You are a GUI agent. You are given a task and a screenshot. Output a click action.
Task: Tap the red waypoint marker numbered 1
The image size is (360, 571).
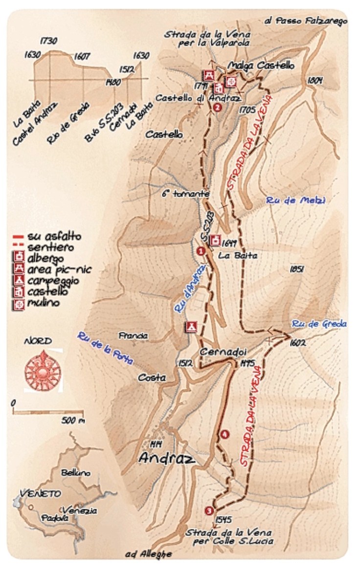point(200,251)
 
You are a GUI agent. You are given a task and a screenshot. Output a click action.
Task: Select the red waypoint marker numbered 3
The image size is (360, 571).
point(209,510)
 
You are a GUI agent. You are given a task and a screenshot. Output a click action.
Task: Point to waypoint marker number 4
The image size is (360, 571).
point(225,434)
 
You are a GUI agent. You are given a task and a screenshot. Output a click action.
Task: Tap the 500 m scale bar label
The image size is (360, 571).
point(73,420)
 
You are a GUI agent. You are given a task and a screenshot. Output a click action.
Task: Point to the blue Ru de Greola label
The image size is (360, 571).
point(319,324)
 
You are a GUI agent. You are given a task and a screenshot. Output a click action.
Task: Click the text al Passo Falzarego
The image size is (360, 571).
point(305,22)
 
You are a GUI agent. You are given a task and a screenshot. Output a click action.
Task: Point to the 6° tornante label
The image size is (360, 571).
point(186,194)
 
